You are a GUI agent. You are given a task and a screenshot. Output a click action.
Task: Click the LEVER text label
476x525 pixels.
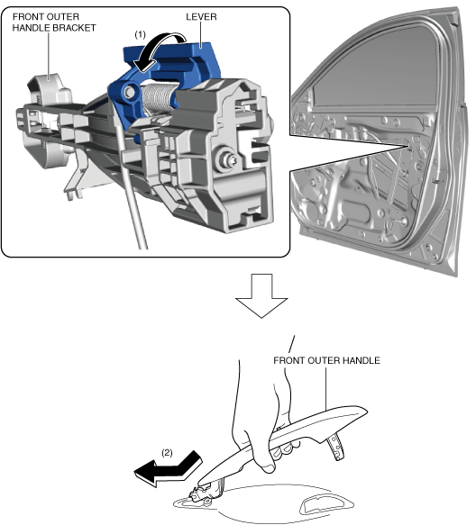click(x=201, y=17)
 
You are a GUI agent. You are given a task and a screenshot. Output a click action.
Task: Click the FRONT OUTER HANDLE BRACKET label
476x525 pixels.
click(x=54, y=23)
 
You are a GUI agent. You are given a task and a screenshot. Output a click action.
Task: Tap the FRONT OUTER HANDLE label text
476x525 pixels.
click(x=326, y=360)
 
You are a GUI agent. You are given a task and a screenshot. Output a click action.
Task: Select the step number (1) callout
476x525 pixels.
click(x=140, y=34)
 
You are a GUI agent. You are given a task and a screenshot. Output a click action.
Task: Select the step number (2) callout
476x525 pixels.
click(x=167, y=453)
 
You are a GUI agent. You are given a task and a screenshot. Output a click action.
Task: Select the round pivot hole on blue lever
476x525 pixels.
click(x=128, y=93)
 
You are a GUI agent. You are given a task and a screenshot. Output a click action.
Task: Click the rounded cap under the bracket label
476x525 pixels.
click(x=50, y=87)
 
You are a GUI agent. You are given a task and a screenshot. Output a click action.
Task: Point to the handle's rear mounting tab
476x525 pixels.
click(x=336, y=447)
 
